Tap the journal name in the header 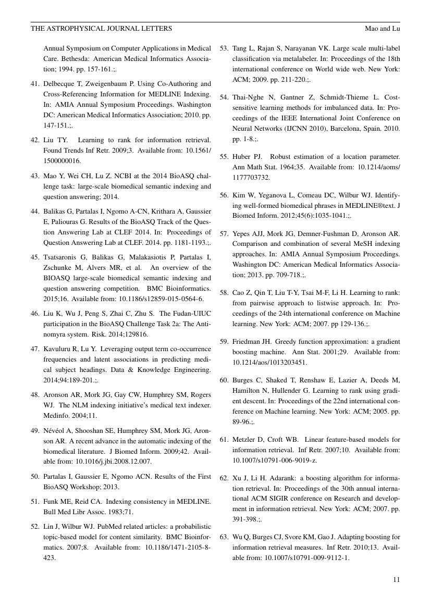(102, 28)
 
